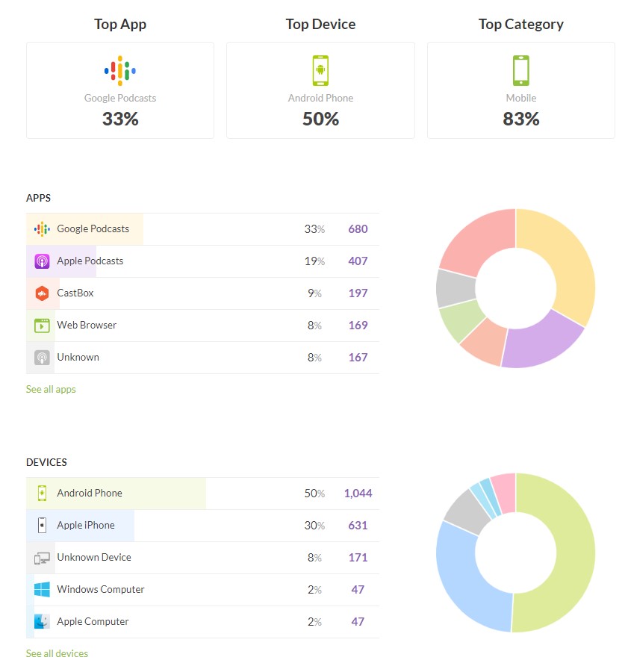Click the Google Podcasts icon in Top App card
coord(120,70)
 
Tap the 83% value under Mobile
coord(520,119)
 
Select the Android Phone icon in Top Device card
coord(320,71)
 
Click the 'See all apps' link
coord(51,389)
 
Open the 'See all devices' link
coord(57,653)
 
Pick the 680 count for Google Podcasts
coord(358,229)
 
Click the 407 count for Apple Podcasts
coord(358,261)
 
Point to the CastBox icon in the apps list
coord(42,293)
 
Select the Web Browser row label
coord(87,325)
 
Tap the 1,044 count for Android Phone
coord(358,494)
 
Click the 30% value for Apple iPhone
coord(314,526)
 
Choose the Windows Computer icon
coord(42,590)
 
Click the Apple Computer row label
coord(93,621)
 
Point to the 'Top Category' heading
coord(520,24)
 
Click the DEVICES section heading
coord(46,462)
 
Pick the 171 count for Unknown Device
coord(358,558)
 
